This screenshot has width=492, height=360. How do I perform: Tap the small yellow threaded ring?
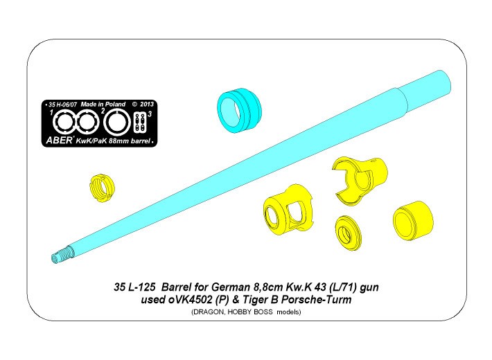coord(102,188)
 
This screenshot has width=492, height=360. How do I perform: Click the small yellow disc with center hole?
coord(349,233)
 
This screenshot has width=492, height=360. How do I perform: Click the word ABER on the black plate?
coord(59,140)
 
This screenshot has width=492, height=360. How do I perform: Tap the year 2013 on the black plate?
coord(147,104)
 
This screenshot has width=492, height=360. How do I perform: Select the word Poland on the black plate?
coord(115,104)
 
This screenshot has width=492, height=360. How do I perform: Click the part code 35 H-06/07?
coord(62,105)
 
